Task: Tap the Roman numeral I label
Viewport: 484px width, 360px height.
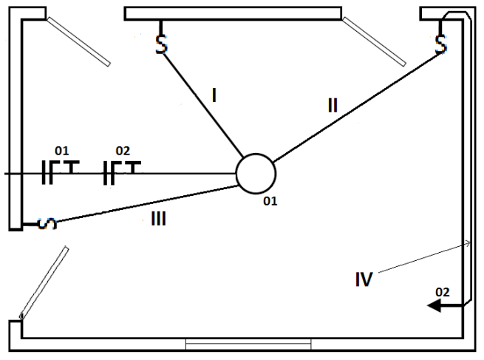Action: point(213,95)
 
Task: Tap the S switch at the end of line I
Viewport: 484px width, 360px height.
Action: point(161,44)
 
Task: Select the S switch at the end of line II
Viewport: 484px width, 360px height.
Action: point(441,44)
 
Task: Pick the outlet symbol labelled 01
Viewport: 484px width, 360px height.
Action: point(58,171)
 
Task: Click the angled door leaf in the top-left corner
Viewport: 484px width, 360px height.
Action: point(78,40)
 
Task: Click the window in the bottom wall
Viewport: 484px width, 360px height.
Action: point(248,344)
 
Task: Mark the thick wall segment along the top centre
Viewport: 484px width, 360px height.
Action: point(233,13)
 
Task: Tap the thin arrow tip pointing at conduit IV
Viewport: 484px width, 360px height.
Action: point(466,242)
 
